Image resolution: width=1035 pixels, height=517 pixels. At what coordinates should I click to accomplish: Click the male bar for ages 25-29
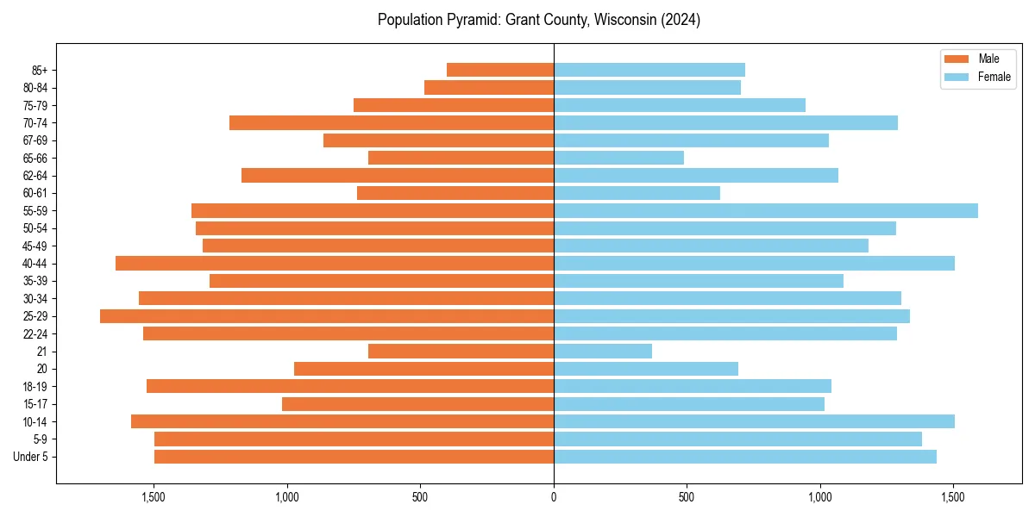point(327,316)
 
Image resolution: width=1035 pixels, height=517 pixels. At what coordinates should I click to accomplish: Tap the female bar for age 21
point(603,352)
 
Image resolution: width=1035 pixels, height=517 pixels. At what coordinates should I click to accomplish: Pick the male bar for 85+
point(500,70)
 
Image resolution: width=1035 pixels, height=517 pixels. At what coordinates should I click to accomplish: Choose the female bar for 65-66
point(618,158)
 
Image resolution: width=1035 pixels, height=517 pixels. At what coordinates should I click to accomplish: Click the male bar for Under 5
point(354,457)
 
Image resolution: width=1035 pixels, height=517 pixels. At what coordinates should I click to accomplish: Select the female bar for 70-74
point(725,123)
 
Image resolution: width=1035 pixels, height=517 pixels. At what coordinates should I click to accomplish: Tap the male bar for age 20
point(423,369)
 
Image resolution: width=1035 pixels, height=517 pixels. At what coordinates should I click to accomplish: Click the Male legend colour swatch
point(957,59)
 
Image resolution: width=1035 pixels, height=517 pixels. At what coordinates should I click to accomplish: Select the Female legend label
point(994,77)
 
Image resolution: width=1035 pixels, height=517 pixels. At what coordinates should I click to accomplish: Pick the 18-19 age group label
point(35,387)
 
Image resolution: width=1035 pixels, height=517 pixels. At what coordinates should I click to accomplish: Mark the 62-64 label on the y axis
point(35,176)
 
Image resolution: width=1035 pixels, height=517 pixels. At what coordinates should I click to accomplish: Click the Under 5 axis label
point(31,457)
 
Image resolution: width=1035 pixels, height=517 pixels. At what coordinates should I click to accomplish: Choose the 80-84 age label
point(35,88)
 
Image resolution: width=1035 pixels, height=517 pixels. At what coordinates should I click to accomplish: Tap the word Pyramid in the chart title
point(468,20)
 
